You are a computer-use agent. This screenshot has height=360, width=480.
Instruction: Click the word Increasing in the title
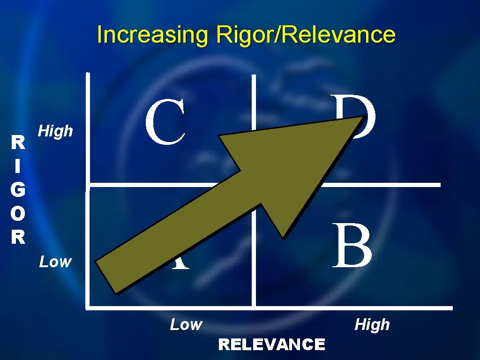point(153,35)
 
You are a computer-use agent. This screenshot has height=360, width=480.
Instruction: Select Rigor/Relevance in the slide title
point(306,35)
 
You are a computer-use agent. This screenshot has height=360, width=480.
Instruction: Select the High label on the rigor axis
point(56,131)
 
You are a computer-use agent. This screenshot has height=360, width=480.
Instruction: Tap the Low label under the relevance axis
point(186,324)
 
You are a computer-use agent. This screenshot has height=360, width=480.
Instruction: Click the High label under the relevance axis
point(372,324)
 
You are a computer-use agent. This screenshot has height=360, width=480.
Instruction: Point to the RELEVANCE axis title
point(271,345)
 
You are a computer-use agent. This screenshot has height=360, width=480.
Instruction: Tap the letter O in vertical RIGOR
point(18,213)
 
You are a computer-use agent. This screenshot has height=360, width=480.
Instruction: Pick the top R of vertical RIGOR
point(18,142)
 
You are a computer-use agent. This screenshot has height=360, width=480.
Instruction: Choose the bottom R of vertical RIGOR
point(18,237)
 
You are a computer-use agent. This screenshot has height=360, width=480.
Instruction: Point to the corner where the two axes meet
point(88,308)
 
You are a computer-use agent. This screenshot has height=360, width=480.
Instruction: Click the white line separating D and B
point(380,185)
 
